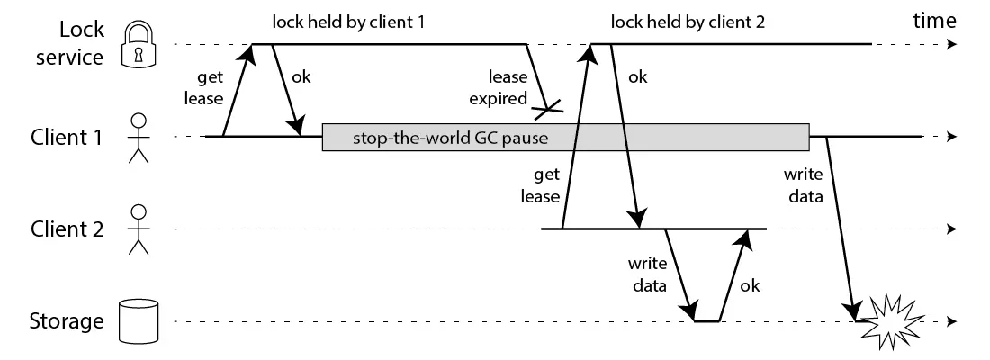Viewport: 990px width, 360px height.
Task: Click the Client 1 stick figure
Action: tap(138, 138)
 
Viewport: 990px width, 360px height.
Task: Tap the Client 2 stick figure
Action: tap(138, 229)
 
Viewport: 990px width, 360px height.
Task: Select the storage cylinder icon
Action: tap(138, 321)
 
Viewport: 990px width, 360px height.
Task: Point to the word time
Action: tap(934, 21)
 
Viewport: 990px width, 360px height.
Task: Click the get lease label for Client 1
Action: tap(198, 88)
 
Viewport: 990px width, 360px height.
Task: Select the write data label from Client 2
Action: tap(648, 276)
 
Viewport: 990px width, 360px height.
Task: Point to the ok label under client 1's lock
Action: tap(302, 76)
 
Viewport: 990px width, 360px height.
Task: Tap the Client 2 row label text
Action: tap(67, 229)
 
